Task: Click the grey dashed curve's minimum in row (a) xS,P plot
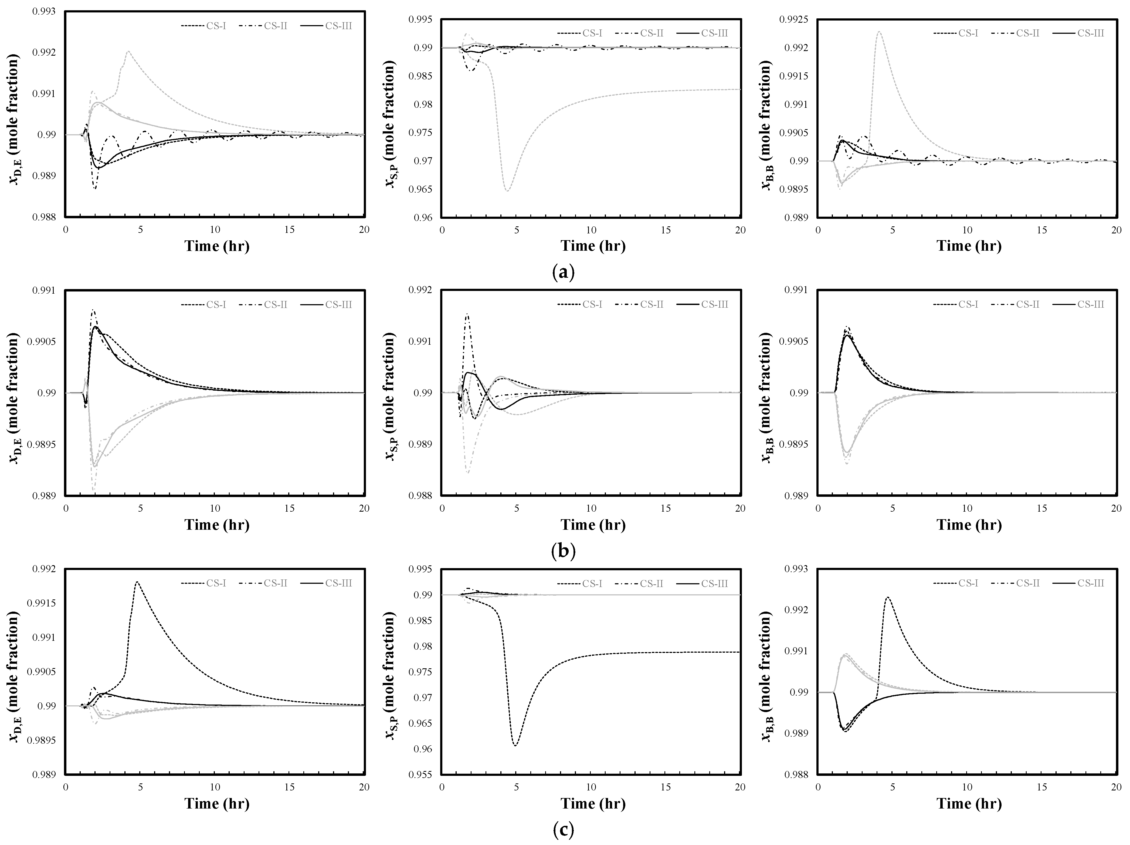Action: (x=507, y=191)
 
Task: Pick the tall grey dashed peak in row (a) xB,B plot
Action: (x=879, y=32)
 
